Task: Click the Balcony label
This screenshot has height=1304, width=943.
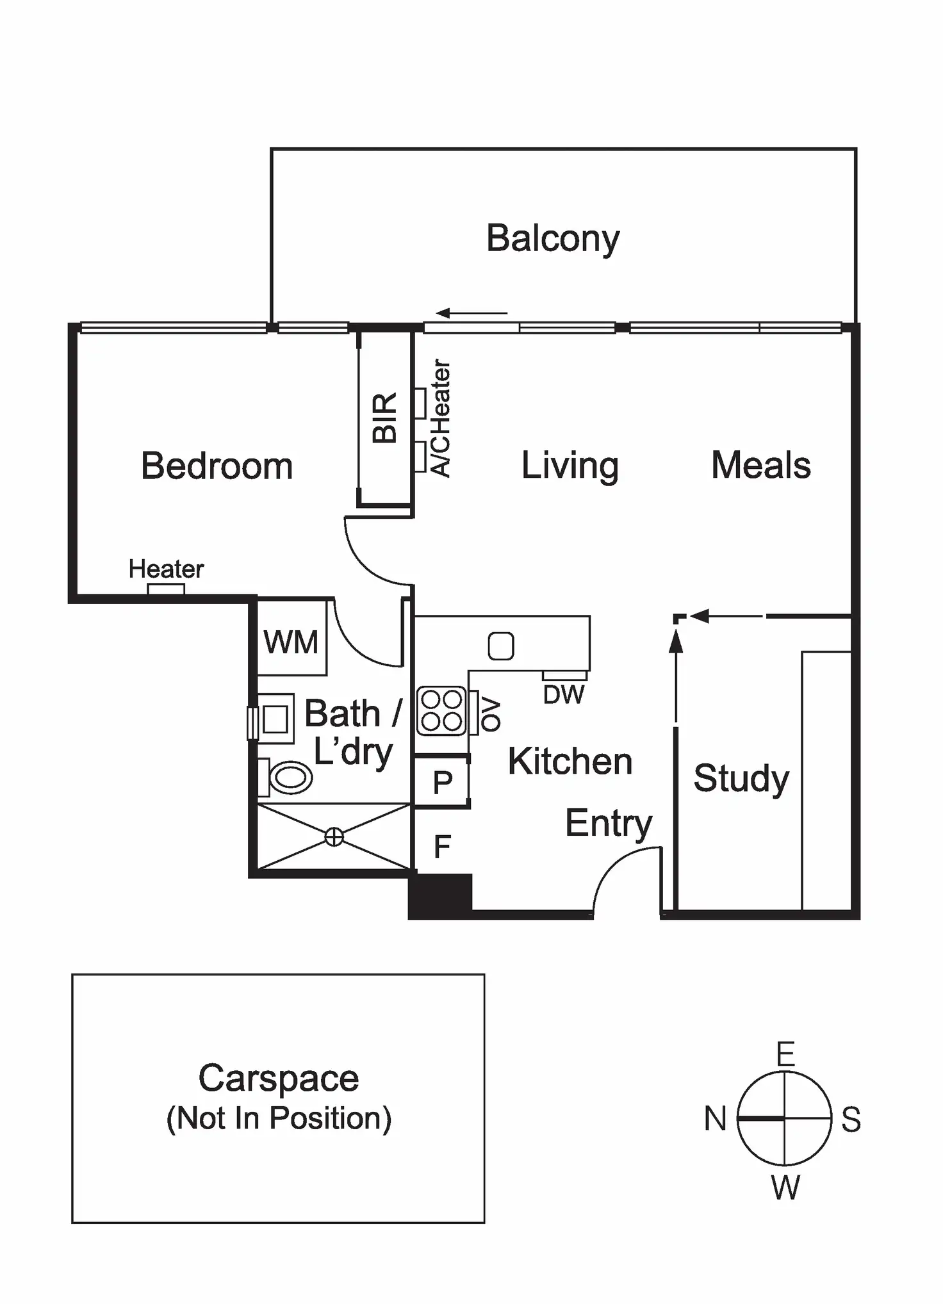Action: pyautogui.click(x=553, y=239)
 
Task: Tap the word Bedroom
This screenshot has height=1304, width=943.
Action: pyautogui.click(x=217, y=466)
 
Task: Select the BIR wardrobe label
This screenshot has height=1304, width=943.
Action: pyautogui.click(x=384, y=418)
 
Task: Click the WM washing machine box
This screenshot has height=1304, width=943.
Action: pyautogui.click(x=291, y=641)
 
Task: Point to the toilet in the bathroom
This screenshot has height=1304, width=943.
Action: pyautogui.click(x=290, y=778)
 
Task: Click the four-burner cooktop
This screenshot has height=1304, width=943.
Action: pyautogui.click(x=441, y=710)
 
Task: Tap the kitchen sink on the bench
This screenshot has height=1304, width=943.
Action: pyautogui.click(x=501, y=646)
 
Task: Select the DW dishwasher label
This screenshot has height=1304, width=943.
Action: pyautogui.click(x=564, y=695)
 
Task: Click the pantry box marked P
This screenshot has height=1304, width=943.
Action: pyautogui.click(x=442, y=782)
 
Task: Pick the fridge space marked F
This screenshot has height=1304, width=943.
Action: pyautogui.click(x=442, y=847)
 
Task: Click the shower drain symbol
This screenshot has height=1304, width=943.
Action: pyautogui.click(x=334, y=836)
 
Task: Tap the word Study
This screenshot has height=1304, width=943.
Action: pyautogui.click(x=741, y=779)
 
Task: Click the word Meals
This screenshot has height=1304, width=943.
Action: pyautogui.click(x=760, y=465)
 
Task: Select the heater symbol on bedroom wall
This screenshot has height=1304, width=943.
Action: pyautogui.click(x=166, y=589)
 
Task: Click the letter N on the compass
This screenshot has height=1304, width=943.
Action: pyautogui.click(x=715, y=1120)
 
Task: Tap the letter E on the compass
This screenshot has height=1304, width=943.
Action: pyautogui.click(x=785, y=1054)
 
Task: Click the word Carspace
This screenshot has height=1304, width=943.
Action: pyautogui.click(x=278, y=1079)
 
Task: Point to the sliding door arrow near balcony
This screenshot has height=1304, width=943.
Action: pyautogui.click(x=471, y=314)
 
